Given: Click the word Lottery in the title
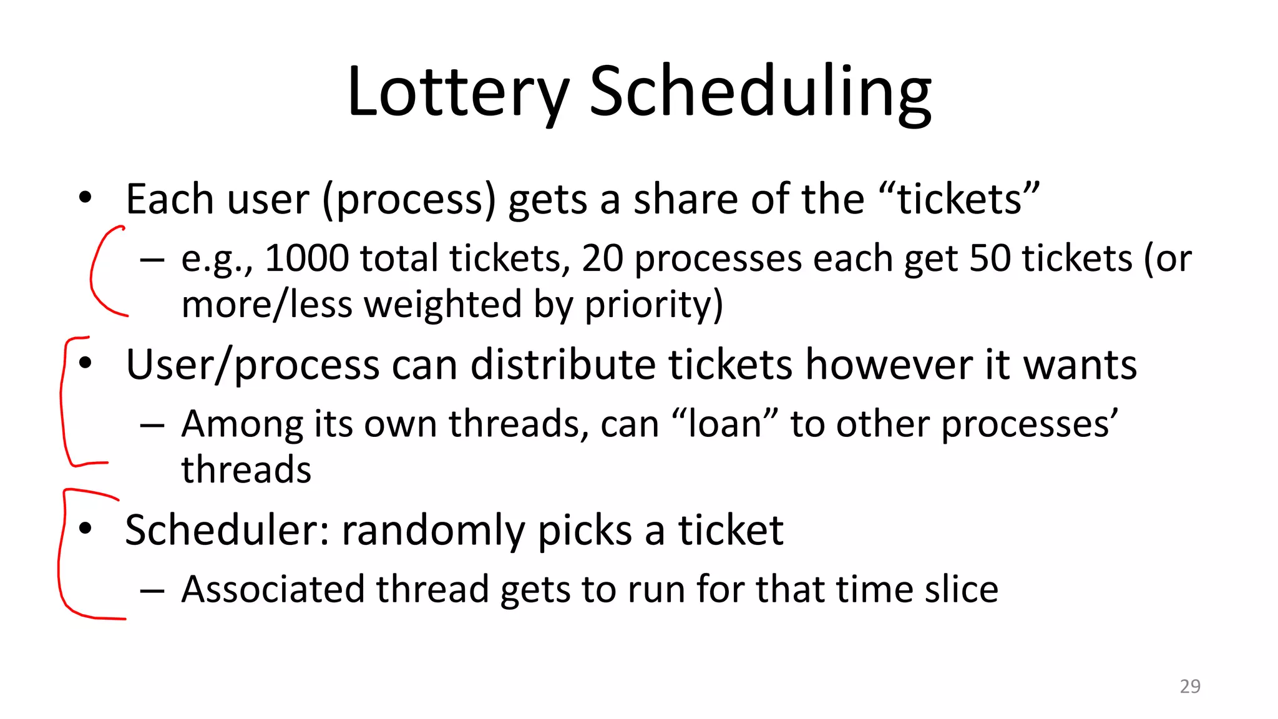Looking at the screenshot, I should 457,92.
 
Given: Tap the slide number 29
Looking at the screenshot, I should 1189,686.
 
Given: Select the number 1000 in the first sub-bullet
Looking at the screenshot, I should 306,258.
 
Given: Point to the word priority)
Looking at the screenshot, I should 653,305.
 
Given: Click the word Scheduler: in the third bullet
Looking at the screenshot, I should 227,530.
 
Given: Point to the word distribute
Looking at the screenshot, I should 562,364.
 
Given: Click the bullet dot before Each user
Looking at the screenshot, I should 85,199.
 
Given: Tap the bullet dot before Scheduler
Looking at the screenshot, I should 85,529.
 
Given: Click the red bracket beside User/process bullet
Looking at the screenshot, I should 62,399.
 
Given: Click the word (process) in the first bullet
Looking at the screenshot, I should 409,200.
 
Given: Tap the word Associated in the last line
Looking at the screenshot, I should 273,589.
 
